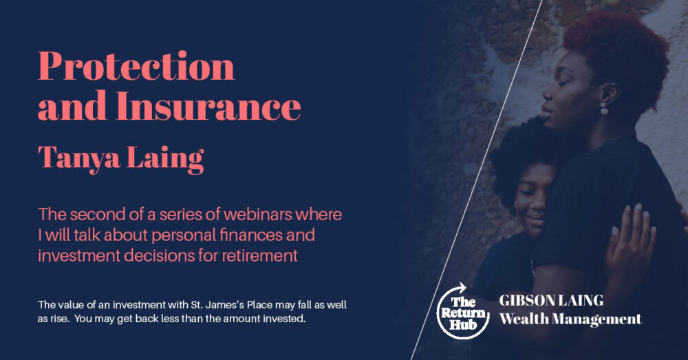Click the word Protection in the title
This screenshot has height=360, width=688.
point(136,66)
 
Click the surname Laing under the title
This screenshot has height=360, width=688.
point(165,159)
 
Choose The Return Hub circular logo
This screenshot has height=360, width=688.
point(463,311)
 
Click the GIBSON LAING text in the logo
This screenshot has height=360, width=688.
point(551,300)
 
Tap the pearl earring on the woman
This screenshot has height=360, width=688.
point(604,109)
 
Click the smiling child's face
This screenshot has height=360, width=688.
point(532,198)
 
